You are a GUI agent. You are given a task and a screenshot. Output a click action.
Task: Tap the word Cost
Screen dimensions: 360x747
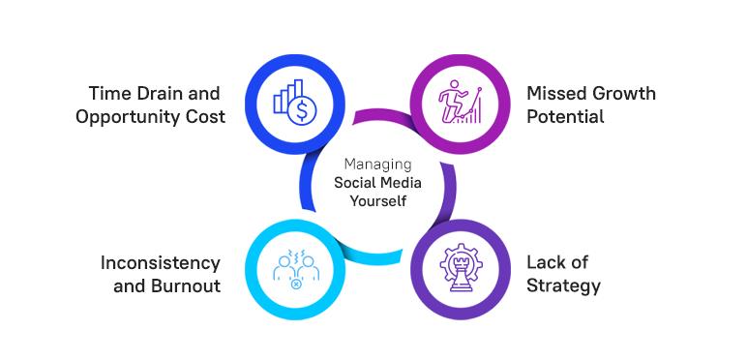click(205, 117)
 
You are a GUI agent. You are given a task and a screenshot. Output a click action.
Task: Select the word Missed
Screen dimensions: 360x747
click(555, 94)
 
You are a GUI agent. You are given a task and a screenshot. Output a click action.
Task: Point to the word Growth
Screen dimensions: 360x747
click(622, 94)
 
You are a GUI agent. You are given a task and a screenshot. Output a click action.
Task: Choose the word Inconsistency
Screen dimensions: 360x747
click(161, 263)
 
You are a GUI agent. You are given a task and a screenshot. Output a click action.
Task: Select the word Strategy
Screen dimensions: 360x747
click(563, 286)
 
